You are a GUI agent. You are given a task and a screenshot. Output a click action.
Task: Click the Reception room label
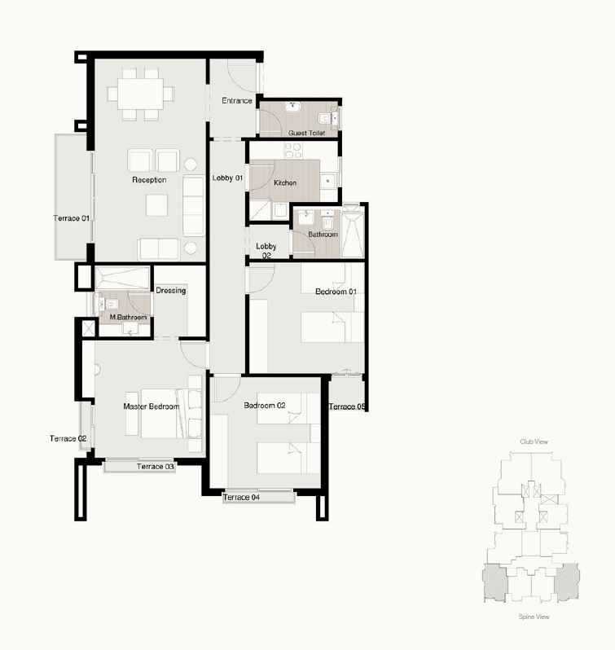[149, 180]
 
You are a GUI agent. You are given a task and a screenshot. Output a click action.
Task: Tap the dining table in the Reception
[140, 94]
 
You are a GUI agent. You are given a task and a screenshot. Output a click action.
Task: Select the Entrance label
[237, 101]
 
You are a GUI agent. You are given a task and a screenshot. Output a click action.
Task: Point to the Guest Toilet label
[306, 133]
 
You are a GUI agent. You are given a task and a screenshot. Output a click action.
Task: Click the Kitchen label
[285, 182]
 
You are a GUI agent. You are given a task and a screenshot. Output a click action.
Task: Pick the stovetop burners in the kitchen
[293, 151]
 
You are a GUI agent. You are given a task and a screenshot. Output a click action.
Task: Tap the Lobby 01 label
[227, 178]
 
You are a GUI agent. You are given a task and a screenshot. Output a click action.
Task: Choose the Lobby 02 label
[266, 251]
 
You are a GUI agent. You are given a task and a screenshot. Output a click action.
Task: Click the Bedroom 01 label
[336, 292]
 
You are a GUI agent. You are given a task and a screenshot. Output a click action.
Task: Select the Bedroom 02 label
[265, 406]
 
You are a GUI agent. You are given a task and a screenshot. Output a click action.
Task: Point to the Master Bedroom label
[152, 406]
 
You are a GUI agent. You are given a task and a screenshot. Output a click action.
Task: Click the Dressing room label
[171, 291]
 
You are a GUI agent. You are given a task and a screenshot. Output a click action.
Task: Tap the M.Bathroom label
[128, 317]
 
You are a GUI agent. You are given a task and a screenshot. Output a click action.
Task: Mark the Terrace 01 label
[72, 218]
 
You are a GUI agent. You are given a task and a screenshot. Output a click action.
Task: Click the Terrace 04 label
[241, 497]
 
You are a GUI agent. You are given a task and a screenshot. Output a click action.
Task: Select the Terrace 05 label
[347, 406]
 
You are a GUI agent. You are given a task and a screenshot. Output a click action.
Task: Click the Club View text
[534, 442]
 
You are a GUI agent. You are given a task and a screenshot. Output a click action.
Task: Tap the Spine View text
[534, 617]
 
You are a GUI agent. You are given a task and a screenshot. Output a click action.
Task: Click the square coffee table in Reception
[156, 205]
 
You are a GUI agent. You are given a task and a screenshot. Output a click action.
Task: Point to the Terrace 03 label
[156, 467]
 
